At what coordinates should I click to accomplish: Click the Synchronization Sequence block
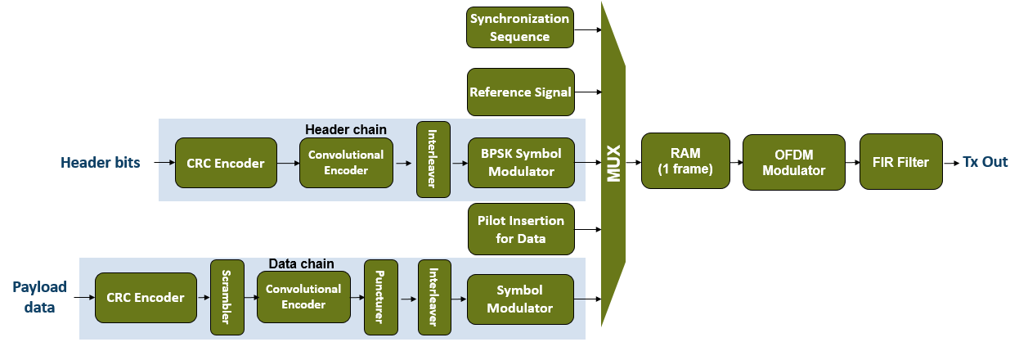tap(519, 28)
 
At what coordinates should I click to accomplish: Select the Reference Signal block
tap(520, 92)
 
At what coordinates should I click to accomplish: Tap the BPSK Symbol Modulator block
tap(520, 163)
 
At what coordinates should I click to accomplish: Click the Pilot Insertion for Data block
tap(519, 229)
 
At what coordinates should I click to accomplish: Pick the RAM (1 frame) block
tap(685, 161)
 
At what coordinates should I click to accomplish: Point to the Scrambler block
tap(227, 298)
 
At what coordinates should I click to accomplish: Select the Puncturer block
tap(380, 298)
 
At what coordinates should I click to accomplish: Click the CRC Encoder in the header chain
tap(226, 163)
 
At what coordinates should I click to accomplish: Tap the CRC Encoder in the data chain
tap(146, 298)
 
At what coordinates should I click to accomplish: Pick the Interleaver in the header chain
tap(433, 160)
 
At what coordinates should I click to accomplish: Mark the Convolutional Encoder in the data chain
tap(303, 297)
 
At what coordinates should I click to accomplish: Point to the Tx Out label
tap(985, 162)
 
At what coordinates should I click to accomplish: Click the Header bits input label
tap(100, 163)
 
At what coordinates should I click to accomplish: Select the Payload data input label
tap(39, 297)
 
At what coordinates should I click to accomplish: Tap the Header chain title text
tap(346, 129)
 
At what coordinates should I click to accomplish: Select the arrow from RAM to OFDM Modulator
tap(735, 162)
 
